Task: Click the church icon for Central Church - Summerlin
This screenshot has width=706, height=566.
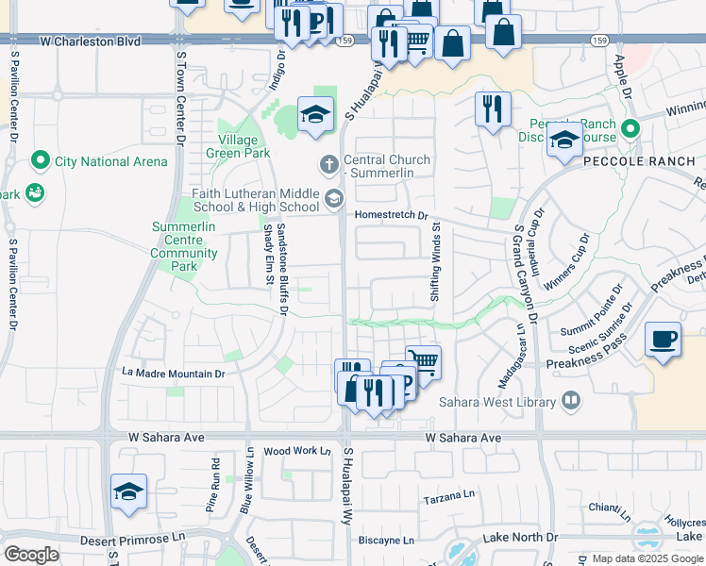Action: click(329, 165)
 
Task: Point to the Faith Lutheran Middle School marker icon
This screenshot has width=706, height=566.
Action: click(333, 199)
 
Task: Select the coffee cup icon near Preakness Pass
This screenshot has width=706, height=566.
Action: click(664, 339)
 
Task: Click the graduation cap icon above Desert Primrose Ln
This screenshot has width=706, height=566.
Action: click(128, 492)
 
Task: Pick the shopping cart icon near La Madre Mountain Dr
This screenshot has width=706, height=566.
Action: click(424, 362)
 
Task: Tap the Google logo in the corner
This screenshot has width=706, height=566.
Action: click(31, 555)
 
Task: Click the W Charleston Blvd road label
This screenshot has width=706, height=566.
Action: click(90, 42)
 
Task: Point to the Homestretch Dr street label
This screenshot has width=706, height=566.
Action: click(391, 215)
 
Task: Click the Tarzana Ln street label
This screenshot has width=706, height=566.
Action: click(448, 496)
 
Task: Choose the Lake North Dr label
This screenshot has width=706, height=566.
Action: click(521, 537)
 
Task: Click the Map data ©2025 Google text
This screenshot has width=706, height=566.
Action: click(647, 558)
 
